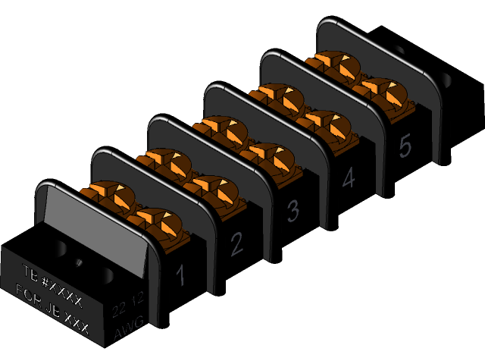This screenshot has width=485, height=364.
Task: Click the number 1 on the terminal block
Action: tap(180, 276)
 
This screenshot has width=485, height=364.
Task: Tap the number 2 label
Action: tap(236, 243)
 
